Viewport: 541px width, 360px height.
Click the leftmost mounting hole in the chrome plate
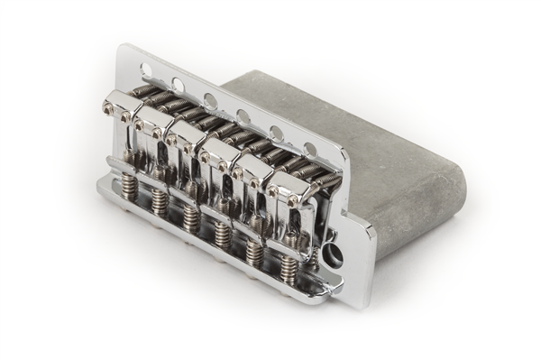[146, 69]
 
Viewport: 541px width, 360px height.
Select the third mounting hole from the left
[210, 100]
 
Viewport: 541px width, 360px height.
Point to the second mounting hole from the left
[178, 84]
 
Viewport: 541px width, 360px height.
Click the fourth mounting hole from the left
[243, 115]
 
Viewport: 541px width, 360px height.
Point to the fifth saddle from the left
[256, 174]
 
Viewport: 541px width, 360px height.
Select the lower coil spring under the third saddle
[190, 217]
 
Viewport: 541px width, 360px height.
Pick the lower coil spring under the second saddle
[159, 202]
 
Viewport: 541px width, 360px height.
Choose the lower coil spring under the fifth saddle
[256, 252]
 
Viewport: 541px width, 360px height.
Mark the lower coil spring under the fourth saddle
[223, 235]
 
